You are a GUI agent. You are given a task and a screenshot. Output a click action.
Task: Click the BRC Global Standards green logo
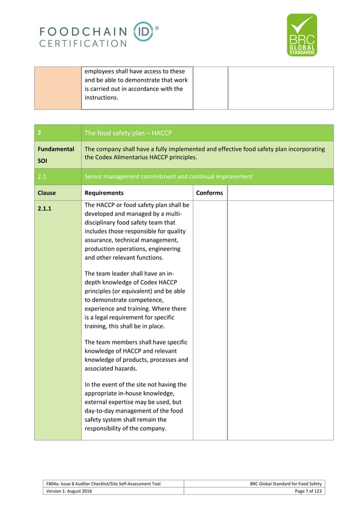coord(302,35)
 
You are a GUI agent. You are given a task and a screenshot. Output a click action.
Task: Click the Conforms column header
coord(209,192)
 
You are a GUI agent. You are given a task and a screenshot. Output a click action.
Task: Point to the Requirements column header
coord(104,192)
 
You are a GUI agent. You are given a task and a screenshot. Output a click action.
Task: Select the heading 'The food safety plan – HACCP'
coord(127,133)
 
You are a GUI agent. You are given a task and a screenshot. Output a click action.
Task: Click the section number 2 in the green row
coord(39,133)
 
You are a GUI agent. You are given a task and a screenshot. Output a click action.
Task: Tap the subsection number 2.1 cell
coord(42,176)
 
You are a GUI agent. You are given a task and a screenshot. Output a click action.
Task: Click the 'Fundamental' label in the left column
coord(56,150)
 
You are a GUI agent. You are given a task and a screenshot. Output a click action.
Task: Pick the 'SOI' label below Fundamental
coord(43,161)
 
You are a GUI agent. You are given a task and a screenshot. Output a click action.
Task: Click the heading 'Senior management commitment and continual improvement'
coord(168,176)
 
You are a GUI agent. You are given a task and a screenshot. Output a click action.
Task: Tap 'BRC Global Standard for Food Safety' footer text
coord(286,484)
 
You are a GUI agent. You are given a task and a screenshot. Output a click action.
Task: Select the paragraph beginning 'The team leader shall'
coord(135,300)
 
